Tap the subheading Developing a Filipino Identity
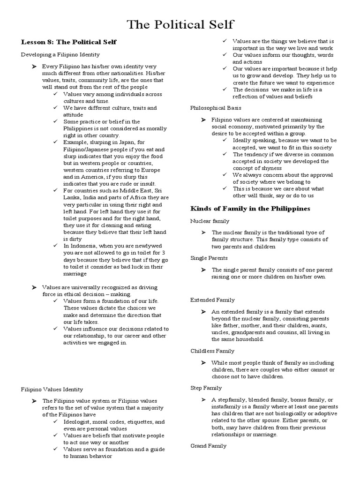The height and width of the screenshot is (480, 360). pos(60,55)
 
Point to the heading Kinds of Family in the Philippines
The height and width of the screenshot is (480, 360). pos(250,208)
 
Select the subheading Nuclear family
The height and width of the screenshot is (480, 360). pos(210,221)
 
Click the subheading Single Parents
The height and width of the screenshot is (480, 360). pos(209,258)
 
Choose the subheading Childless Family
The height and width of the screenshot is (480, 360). pos(212,351)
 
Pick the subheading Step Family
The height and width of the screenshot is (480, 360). pos(206,388)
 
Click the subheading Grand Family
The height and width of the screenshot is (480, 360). pos(208,445)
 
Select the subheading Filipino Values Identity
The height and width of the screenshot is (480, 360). pos(52,389)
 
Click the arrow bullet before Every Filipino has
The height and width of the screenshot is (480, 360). pos(34,67)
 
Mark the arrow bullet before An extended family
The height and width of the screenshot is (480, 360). pos(203,312)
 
